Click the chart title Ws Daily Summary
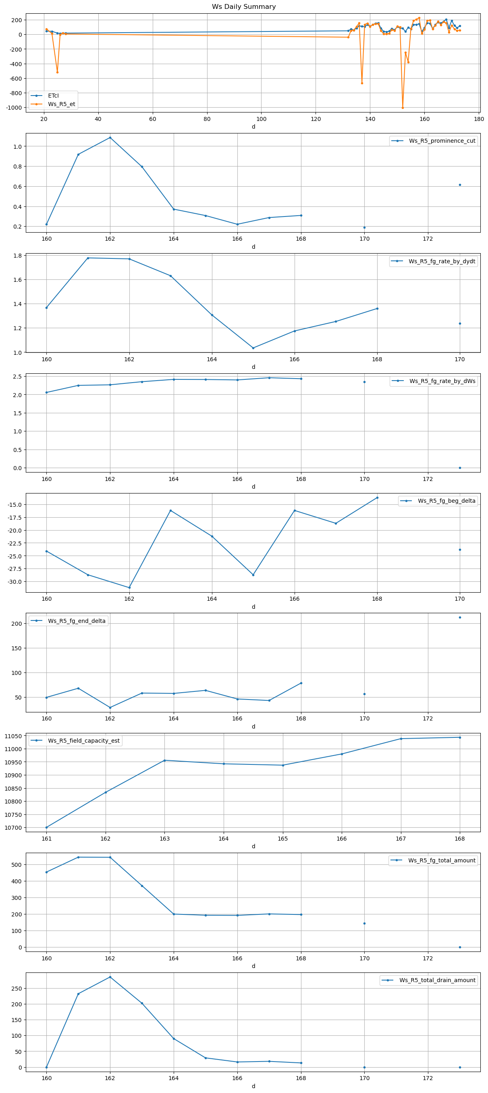click(244, 7)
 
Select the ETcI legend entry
click(53, 96)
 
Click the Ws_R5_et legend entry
click(61, 104)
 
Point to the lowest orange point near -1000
click(402, 108)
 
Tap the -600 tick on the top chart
click(15, 79)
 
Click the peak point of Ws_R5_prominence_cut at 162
click(110, 137)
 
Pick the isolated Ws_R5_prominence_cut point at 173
click(460, 185)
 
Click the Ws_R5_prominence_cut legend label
click(442, 141)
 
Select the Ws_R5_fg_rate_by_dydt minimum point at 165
click(253, 348)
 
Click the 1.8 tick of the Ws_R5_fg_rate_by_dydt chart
click(17, 256)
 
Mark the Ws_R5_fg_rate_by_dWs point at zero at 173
click(460, 468)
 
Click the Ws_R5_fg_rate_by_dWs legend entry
click(442, 381)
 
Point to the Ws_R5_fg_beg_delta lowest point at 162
click(129, 588)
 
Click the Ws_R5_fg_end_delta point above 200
click(460, 617)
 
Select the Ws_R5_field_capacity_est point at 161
click(47, 827)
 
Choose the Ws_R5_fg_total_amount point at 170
click(364, 923)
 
